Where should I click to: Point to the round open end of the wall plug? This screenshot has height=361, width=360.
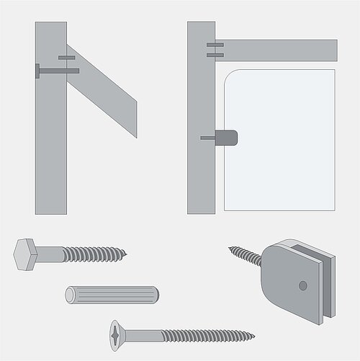[x=69, y=294]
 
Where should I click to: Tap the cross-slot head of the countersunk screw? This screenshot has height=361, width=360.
[x=117, y=334]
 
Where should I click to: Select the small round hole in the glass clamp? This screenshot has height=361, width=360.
[x=302, y=286]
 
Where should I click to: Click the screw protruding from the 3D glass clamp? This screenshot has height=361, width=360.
[x=247, y=254]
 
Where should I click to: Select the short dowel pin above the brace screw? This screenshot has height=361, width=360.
[x=66, y=57]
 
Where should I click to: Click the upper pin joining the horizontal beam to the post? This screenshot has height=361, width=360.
[x=215, y=45]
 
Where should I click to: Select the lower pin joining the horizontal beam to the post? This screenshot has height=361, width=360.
[x=215, y=53]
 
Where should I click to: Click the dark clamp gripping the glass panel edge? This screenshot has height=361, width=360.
[x=228, y=137]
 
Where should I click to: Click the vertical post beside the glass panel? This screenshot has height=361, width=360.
[x=201, y=173]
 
